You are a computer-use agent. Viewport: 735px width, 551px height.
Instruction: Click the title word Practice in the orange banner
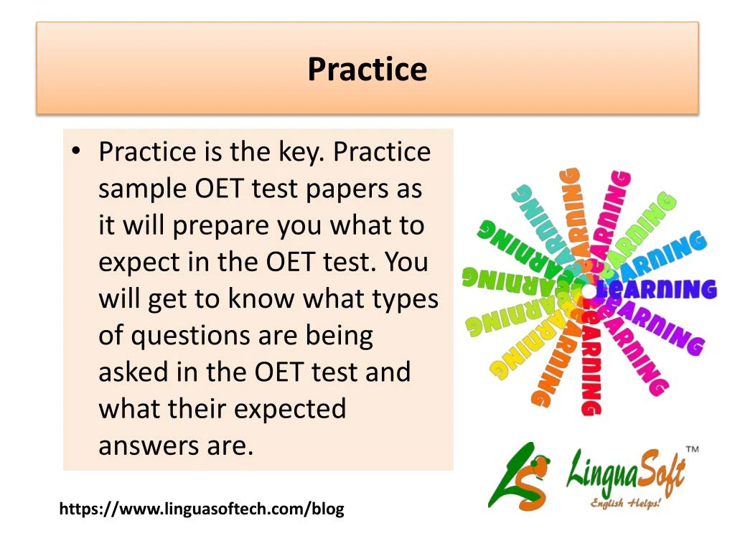(367, 70)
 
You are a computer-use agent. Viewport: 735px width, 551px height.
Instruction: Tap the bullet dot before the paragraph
(76, 151)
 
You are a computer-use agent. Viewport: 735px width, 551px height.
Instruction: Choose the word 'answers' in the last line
(149, 446)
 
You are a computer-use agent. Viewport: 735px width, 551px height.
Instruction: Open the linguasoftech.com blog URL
(202, 509)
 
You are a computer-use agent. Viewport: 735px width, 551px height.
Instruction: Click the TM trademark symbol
(693, 449)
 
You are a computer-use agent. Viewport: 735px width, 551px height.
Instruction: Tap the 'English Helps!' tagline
(625, 503)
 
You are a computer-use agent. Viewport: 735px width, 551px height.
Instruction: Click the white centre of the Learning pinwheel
(588, 291)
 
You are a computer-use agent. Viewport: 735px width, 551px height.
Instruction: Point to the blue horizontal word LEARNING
(656, 289)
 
